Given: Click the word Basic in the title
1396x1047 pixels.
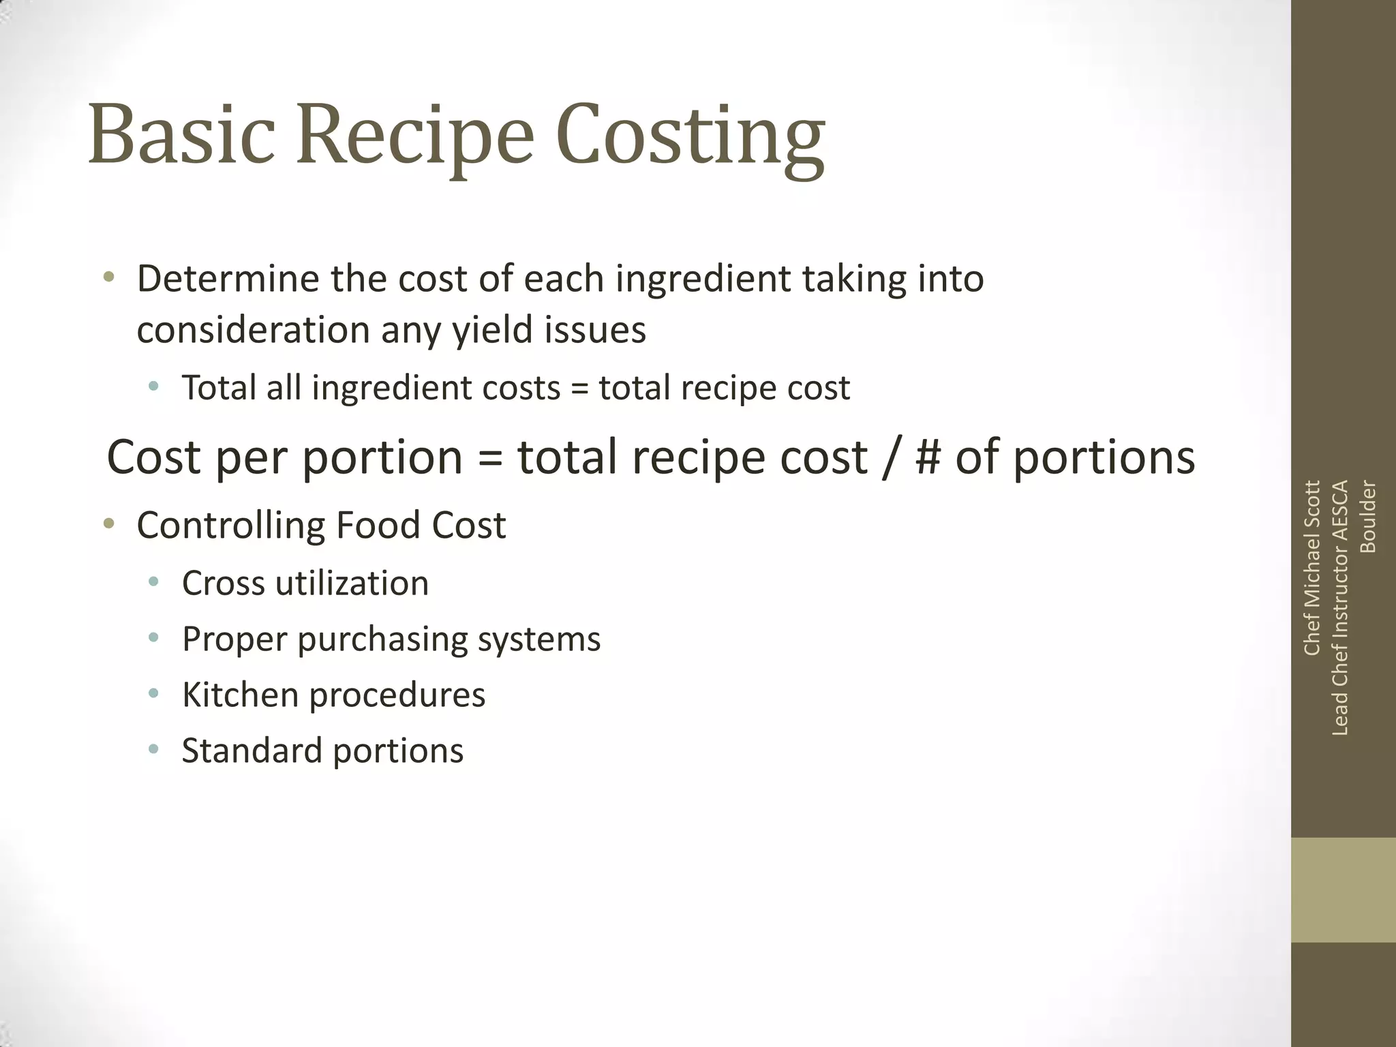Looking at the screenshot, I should pyautogui.click(x=181, y=134).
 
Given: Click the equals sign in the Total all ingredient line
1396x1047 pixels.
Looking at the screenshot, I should pyautogui.click(x=579, y=389).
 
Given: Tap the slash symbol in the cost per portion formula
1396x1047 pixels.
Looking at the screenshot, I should pyautogui.click(x=890, y=457).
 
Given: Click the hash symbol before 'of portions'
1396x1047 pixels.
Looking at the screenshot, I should pyautogui.click(x=928, y=457).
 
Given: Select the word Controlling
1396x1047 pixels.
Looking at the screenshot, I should pyautogui.click(x=230, y=526).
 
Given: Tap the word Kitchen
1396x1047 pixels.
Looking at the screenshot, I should pyautogui.click(x=240, y=695).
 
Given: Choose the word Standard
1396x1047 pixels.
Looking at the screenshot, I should pyautogui.click(x=252, y=751).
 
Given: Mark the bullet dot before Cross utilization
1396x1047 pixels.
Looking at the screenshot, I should pyautogui.click(x=154, y=582).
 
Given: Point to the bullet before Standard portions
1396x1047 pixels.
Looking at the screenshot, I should pyautogui.click(x=154, y=750).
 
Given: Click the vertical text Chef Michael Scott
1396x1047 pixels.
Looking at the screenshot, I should pyautogui.click(x=1311, y=568).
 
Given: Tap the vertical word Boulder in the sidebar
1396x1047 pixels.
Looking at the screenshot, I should pyautogui.click(x=1367, y=517).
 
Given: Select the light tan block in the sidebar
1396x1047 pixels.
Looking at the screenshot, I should pyautogui.click(x=1343, y=890).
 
